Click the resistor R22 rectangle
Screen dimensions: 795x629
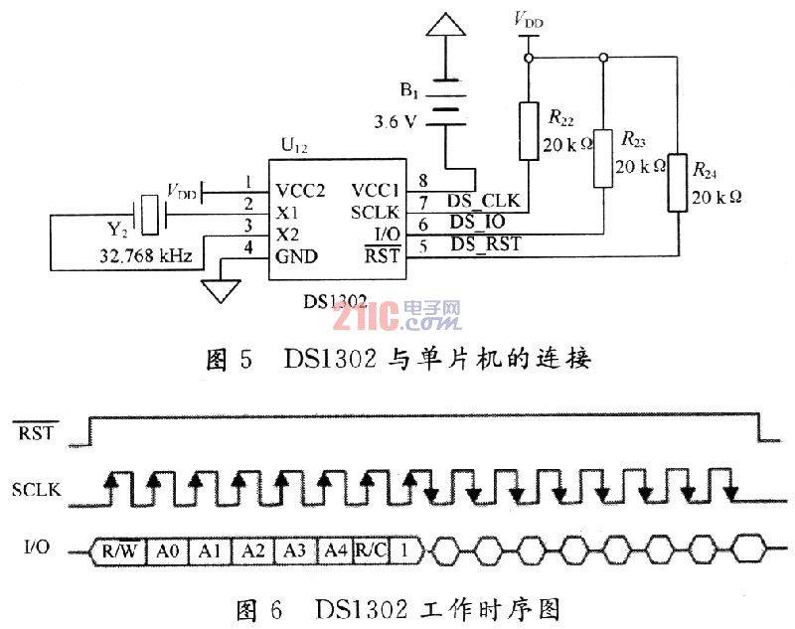click(x=529, y=131)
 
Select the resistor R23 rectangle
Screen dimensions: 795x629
click(x=603, y=158)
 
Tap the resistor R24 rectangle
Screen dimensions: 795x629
click(x=678, y=183)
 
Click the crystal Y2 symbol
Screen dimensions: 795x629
click(x=149, y=215)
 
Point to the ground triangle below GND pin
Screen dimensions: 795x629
click(x=221, y=291)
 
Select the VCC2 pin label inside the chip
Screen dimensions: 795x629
click(x=300, y=191)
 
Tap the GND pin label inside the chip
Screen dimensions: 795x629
click(x=296, y=256)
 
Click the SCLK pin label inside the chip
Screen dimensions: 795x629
click(x=376, y=213)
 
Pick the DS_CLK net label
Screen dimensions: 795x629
click(x=483, y=201)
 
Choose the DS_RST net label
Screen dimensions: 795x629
click(x=486, y=244)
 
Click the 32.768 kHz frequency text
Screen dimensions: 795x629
click(x=146, y=256)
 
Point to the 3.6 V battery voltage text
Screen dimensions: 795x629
click(x=396, y=121)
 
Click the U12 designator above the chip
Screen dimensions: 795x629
click(x=294, y=146)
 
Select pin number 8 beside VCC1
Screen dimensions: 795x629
click(x=423, y=181)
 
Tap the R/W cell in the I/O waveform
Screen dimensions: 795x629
click(x=119, y=550)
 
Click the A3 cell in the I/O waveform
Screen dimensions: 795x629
click(x=294, y=550)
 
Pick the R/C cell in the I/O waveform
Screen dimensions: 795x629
click(x=371, y=550)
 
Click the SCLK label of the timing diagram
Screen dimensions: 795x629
click(x=37, y=490)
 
